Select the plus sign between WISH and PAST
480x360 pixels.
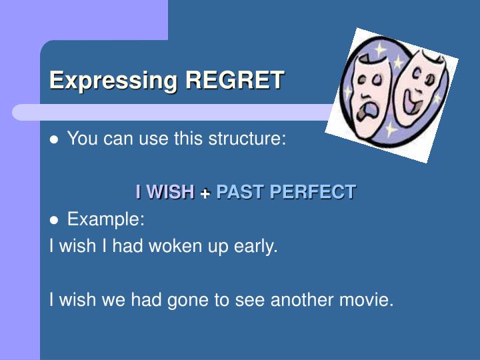[205, 193]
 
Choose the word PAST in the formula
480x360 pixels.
[241, 193]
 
